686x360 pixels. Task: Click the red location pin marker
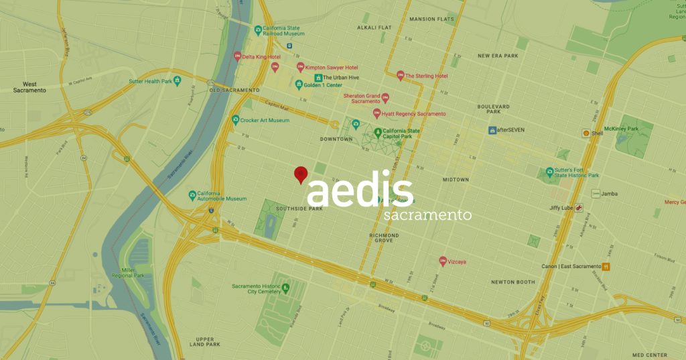(301, 174)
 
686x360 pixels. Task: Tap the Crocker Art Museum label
(265, 120)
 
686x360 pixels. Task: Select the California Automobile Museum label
(222, 195)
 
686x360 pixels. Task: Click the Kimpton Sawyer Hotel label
(332, 68)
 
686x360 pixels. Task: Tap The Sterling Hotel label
(426, 76)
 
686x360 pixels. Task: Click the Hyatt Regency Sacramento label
(413, 114)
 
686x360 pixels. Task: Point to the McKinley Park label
(620, 128)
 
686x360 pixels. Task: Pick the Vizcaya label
(461, 261)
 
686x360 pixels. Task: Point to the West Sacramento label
(29, 87)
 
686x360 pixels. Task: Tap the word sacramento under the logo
(428, 216)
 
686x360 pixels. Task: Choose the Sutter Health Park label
(151, 81)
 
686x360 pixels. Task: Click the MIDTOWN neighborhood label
(456, 180)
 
